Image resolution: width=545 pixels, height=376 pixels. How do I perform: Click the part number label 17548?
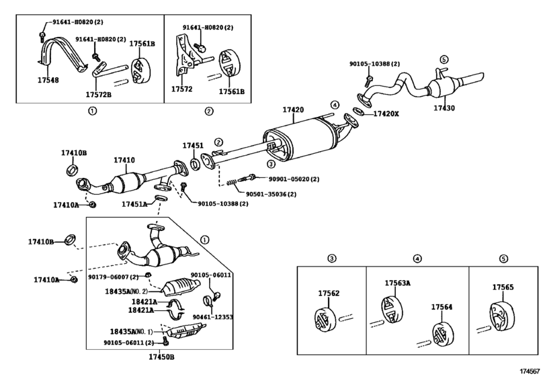click(48, 80)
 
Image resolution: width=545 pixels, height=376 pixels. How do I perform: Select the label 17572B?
click(99, 95)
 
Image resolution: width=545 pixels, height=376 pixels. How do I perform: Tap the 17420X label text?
click(386, 114)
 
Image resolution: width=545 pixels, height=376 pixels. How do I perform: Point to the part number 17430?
click(444, 108)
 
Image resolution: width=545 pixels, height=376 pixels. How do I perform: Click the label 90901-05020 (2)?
click(294, 179)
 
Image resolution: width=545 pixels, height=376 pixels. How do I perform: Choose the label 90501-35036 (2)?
click(271, 194)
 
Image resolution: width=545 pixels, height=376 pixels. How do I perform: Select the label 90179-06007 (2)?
click(114, 277)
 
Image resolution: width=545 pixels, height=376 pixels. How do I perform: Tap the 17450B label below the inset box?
click(162, 357)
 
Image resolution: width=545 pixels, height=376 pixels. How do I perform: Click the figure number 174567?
click(530, 371)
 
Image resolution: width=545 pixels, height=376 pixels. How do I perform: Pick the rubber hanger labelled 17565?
click(502, 316)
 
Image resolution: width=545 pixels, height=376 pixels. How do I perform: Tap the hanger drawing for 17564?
click(443, 334)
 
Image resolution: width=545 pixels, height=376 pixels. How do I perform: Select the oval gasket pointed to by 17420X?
click(358, 112)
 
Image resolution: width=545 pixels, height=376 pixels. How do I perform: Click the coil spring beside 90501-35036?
click(233, 182)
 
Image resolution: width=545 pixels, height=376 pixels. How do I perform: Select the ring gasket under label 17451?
click(196, 164)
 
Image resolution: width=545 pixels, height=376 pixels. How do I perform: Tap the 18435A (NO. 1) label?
click(132, 332)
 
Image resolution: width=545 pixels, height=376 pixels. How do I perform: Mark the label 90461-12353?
click(213, 317)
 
